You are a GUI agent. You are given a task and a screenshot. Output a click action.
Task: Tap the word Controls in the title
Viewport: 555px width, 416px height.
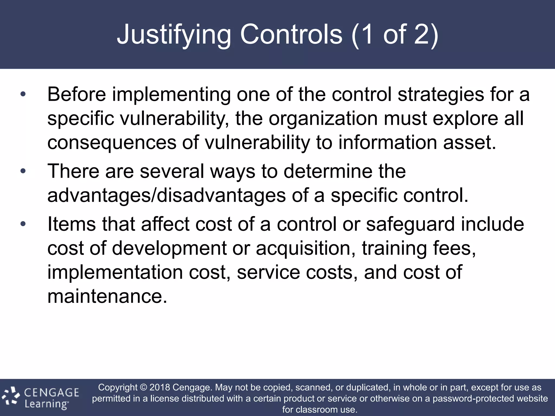click(291, 35)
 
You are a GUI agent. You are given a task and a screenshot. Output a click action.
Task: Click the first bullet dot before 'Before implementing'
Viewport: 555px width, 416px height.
click(23, 94)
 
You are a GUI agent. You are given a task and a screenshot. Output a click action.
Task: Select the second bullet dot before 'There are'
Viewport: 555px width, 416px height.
click(23, 171)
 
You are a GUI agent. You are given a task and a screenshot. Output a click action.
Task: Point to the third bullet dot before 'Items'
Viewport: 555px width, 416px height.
click(23, 224)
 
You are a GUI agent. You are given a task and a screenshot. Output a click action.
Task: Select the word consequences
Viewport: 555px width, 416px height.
click(112, 143)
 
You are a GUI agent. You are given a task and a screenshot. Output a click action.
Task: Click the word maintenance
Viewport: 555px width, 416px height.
click(107, 296)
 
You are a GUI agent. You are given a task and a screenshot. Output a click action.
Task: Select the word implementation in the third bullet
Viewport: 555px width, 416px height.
click(115, 272)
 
